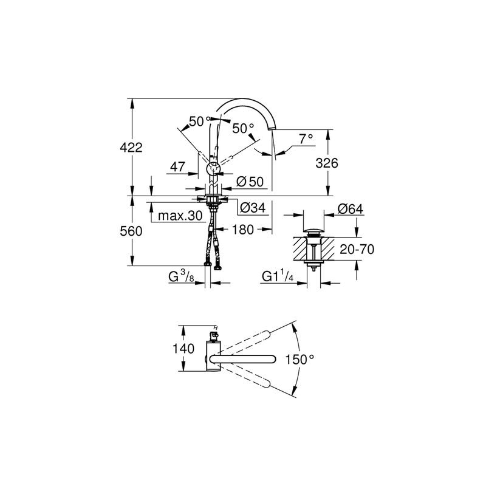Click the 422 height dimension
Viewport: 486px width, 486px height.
pos(131,147)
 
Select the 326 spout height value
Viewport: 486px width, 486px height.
pos(327,163)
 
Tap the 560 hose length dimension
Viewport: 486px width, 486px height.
pos(131,231)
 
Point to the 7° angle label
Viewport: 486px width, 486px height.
pos(306,139)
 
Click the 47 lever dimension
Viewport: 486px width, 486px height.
pos(178,166)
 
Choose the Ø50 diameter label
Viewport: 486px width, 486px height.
pos(250,182)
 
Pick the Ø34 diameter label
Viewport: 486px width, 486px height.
pos(253,208)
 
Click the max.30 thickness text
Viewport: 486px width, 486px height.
pos(180,216)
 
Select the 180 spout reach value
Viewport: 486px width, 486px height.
pos(242,230)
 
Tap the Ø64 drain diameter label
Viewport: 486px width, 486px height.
pos(351,208)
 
